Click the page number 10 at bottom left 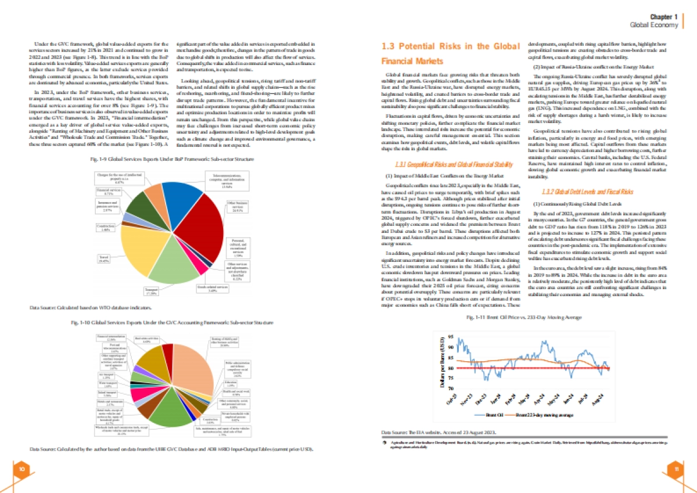pyautogui.click(x=20, y=469)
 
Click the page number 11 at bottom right pyautogui.click(x=676, y=469)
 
